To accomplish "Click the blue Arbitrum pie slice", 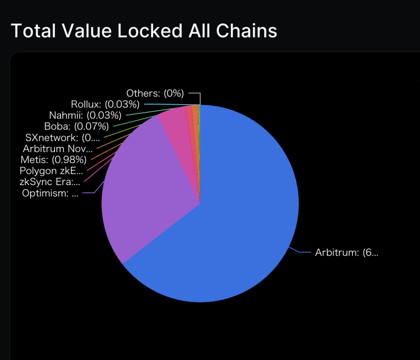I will click(230, 230).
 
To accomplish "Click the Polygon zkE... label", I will click(51, 171).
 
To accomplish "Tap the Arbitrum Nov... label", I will click(57, 149).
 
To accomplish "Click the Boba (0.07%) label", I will click(76, 126).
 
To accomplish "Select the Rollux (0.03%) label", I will click(105, 104).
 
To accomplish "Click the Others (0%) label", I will click(155, 93).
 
